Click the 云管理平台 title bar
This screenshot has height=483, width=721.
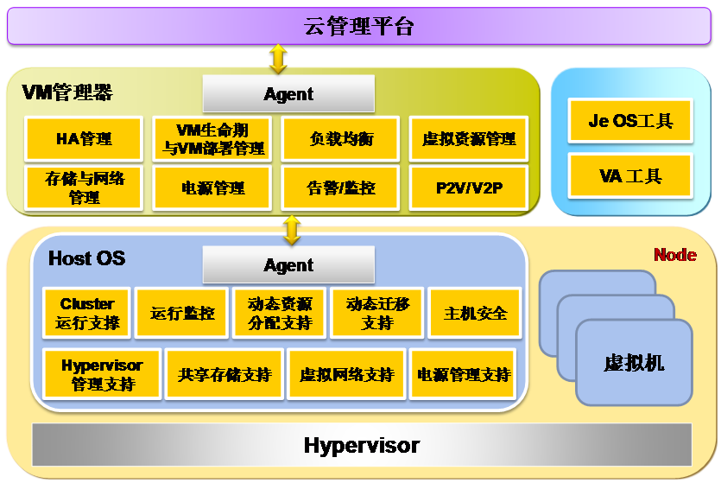359,26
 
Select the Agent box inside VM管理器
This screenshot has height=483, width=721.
288,94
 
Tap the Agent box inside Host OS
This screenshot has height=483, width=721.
288,265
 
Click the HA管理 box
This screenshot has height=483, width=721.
84,139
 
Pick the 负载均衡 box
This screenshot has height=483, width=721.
341,139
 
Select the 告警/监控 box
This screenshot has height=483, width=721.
341,187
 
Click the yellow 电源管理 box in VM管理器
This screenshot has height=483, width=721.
212,187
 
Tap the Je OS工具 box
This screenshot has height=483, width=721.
630,121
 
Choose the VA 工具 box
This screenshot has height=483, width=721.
630,176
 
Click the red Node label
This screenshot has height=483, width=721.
674,255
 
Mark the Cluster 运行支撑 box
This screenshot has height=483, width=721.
87,314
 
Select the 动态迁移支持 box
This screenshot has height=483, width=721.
377,314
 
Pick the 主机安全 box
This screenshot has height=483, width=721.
475,314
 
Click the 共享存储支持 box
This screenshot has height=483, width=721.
225,375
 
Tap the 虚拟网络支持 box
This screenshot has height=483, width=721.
346,375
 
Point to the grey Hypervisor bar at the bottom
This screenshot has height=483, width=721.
361,446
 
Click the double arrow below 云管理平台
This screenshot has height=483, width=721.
278,59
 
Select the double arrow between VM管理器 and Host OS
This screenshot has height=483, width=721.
292,230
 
